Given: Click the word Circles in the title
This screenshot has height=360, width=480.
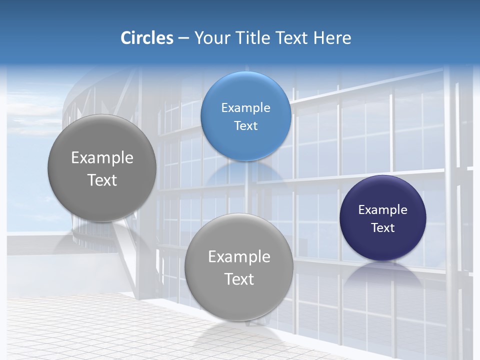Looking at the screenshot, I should pyautogui.click(x=147, y=38).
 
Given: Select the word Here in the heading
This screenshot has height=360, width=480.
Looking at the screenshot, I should pyautogui.click(x=332, y=38).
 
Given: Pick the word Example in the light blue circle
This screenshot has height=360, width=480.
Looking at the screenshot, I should pyautogui.click(x=246, y=108).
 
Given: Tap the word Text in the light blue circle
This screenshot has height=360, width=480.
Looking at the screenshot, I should pyautogui.click(x=246, y=126).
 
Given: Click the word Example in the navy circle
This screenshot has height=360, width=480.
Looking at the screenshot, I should pyautogui.click(x=383, y=210).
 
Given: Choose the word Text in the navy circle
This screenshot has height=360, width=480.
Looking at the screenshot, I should pyautogui.click(x=383, y=228).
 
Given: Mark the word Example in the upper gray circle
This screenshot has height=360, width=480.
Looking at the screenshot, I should pyautogui.click(x=102, y=158).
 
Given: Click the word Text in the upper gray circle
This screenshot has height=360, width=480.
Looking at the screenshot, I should pyautogui.click(x=102, y=180).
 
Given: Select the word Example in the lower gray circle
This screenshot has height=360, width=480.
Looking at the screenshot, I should pyautogui.click(x=239, y=257).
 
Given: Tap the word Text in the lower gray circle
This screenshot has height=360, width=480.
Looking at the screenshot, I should pyautogui.click(x=239, y=279).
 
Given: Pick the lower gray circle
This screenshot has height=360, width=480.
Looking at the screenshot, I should pyautogui.click(x=239, y=300).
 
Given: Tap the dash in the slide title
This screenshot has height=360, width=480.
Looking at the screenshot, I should pyautogui.click(x=183, y=38).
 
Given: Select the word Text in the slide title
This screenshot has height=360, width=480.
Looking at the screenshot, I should pyautogui.click(x=293, y=38).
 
